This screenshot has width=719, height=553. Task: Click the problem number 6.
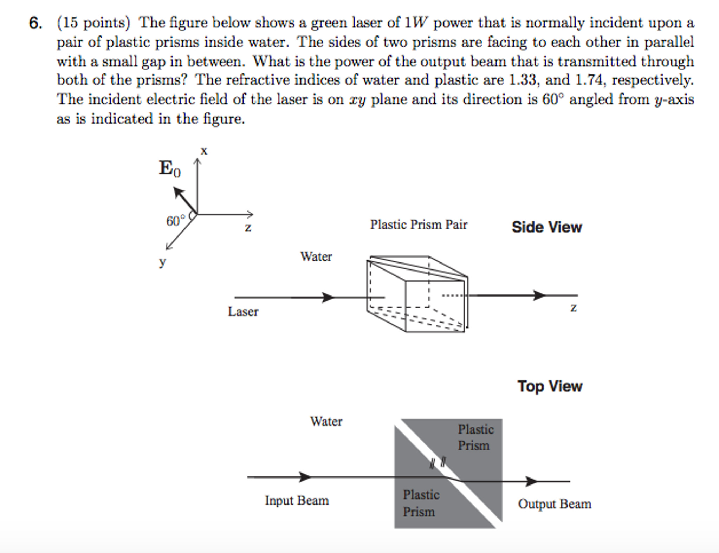pyautogui.click(x=35, y=23)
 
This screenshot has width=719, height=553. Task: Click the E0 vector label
pyautogui.click(x=170, y=168)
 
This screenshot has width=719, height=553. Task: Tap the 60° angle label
pyautogui.click(x=175, y=221)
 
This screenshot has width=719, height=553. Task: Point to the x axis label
pyautogui.click(x=204, y=151)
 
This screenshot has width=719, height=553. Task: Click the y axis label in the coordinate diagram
pyautogui.click(x=162, y=261)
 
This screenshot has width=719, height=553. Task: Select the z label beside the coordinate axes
pyautogui.click(x=248, y=227)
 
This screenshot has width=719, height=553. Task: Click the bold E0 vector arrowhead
pyautogui.click(x=178, y=193)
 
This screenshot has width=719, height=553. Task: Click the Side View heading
pyautogui.click(x=546, y=227)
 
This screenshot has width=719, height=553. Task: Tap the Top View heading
pyautogui.click(x=550, y=386)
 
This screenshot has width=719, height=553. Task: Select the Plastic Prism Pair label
pyautogui.click(x=418, y=225)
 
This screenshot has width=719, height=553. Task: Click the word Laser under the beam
pyautogui.click(x=243, y=312)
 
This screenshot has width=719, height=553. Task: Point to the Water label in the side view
pyautogui.click(x=316, y=257)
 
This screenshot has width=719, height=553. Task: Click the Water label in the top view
pyautogui.click(x=326, y=421)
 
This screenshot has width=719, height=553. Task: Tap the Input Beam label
pyautogui.click(x=297, y=500)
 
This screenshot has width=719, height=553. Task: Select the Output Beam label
pyautogui.click(x=554, y=504)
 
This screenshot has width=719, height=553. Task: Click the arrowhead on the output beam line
pyautogui.click(x=532, y=481)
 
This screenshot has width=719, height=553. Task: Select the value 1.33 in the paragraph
pyautogui.click(x=522, y=80)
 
